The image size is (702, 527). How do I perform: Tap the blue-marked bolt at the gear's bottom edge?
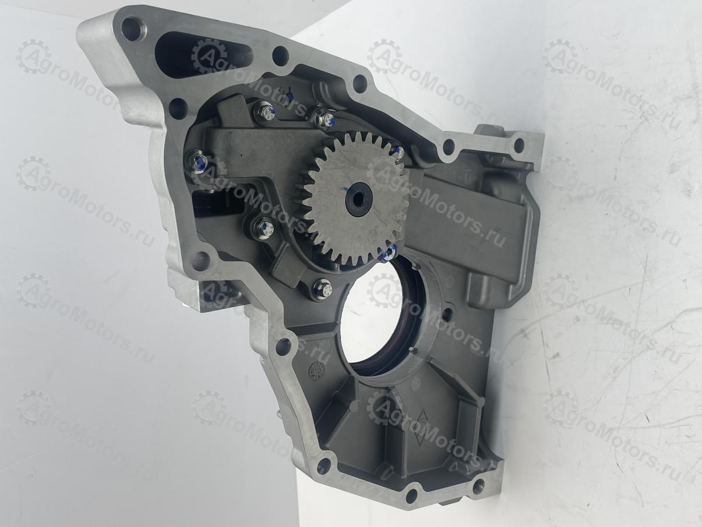click(x=388, y=254)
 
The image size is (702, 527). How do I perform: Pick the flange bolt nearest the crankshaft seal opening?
click(x=322, y=290)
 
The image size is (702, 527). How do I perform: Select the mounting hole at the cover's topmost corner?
click(x=131, y=29)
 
